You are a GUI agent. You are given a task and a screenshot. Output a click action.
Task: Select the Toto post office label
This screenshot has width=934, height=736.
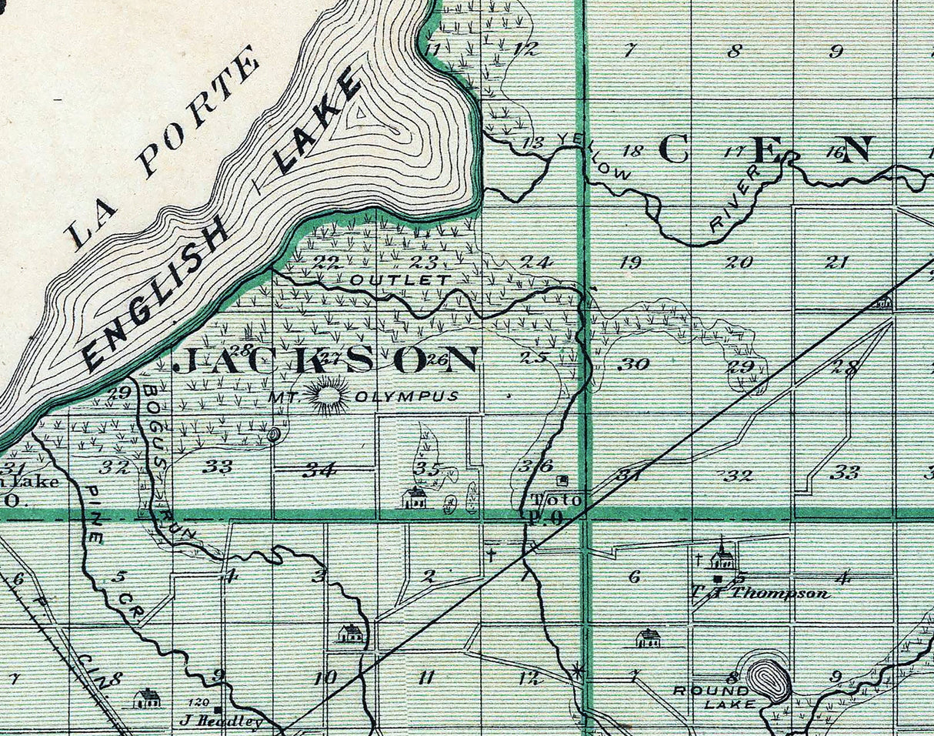tap(555, 501)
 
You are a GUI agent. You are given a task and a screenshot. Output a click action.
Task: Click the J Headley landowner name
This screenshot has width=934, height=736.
tap(221, 721)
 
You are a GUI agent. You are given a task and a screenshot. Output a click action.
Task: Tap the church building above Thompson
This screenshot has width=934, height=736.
tap(722, 557)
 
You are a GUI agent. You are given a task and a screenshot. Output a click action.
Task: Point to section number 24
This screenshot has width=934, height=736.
tap(535, 262)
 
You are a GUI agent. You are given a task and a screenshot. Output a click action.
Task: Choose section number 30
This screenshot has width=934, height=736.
tap(633, 364)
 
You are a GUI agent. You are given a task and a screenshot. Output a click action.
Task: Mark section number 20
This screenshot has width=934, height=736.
tap(739, 263)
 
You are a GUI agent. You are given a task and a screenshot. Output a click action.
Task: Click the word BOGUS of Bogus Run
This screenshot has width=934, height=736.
tap(150, 408)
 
